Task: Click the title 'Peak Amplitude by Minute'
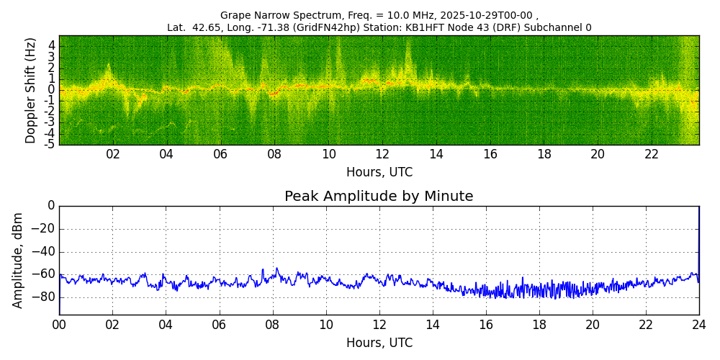379,197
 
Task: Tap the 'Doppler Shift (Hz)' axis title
31,90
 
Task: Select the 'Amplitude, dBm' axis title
19,260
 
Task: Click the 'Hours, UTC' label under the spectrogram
379,172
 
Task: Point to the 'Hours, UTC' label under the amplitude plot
379,343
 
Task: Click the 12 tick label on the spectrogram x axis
382,155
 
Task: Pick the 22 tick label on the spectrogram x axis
652,155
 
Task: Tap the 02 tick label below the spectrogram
113,155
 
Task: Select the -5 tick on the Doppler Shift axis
50,144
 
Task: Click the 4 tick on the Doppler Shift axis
52,45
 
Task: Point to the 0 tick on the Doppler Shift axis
52,90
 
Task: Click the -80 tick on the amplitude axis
44,297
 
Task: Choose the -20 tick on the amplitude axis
44,229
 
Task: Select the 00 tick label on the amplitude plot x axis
59,325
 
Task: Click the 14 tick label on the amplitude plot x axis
433,325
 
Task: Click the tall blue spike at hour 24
698,238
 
